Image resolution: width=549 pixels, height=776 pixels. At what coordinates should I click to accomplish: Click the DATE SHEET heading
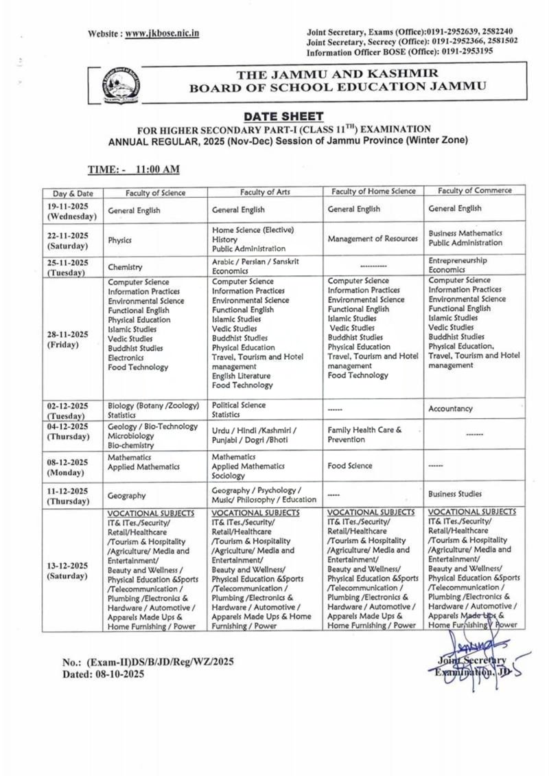[x=283, y=117]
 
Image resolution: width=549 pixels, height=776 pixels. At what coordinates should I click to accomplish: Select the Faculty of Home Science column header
[x=373, y=191]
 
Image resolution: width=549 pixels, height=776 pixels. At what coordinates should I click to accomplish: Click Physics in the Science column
[x=119, y=240]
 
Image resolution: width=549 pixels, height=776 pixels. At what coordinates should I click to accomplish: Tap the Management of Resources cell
[x=373, y=239]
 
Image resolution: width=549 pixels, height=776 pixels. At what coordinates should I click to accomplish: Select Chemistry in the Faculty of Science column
[x=125, y=266]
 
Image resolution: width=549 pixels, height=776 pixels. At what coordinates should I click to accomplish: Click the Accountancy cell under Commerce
[x=450, y=409]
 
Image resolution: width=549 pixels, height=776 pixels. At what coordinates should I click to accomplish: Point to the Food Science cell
[x=350, y=466]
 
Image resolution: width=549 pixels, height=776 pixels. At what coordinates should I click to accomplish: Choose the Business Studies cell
[x=455, y=494]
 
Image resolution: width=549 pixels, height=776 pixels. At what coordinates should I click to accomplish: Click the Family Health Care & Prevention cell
[x=364, y=434]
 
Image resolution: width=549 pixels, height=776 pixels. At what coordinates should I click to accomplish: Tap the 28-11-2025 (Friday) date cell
[x=68, y=339]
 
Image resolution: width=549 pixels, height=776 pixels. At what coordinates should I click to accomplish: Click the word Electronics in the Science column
[x=126, y=358]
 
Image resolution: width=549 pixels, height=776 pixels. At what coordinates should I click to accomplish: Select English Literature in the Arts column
[x=242, y=376]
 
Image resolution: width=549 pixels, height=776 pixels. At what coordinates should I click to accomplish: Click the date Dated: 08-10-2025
[x=104, y=674]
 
